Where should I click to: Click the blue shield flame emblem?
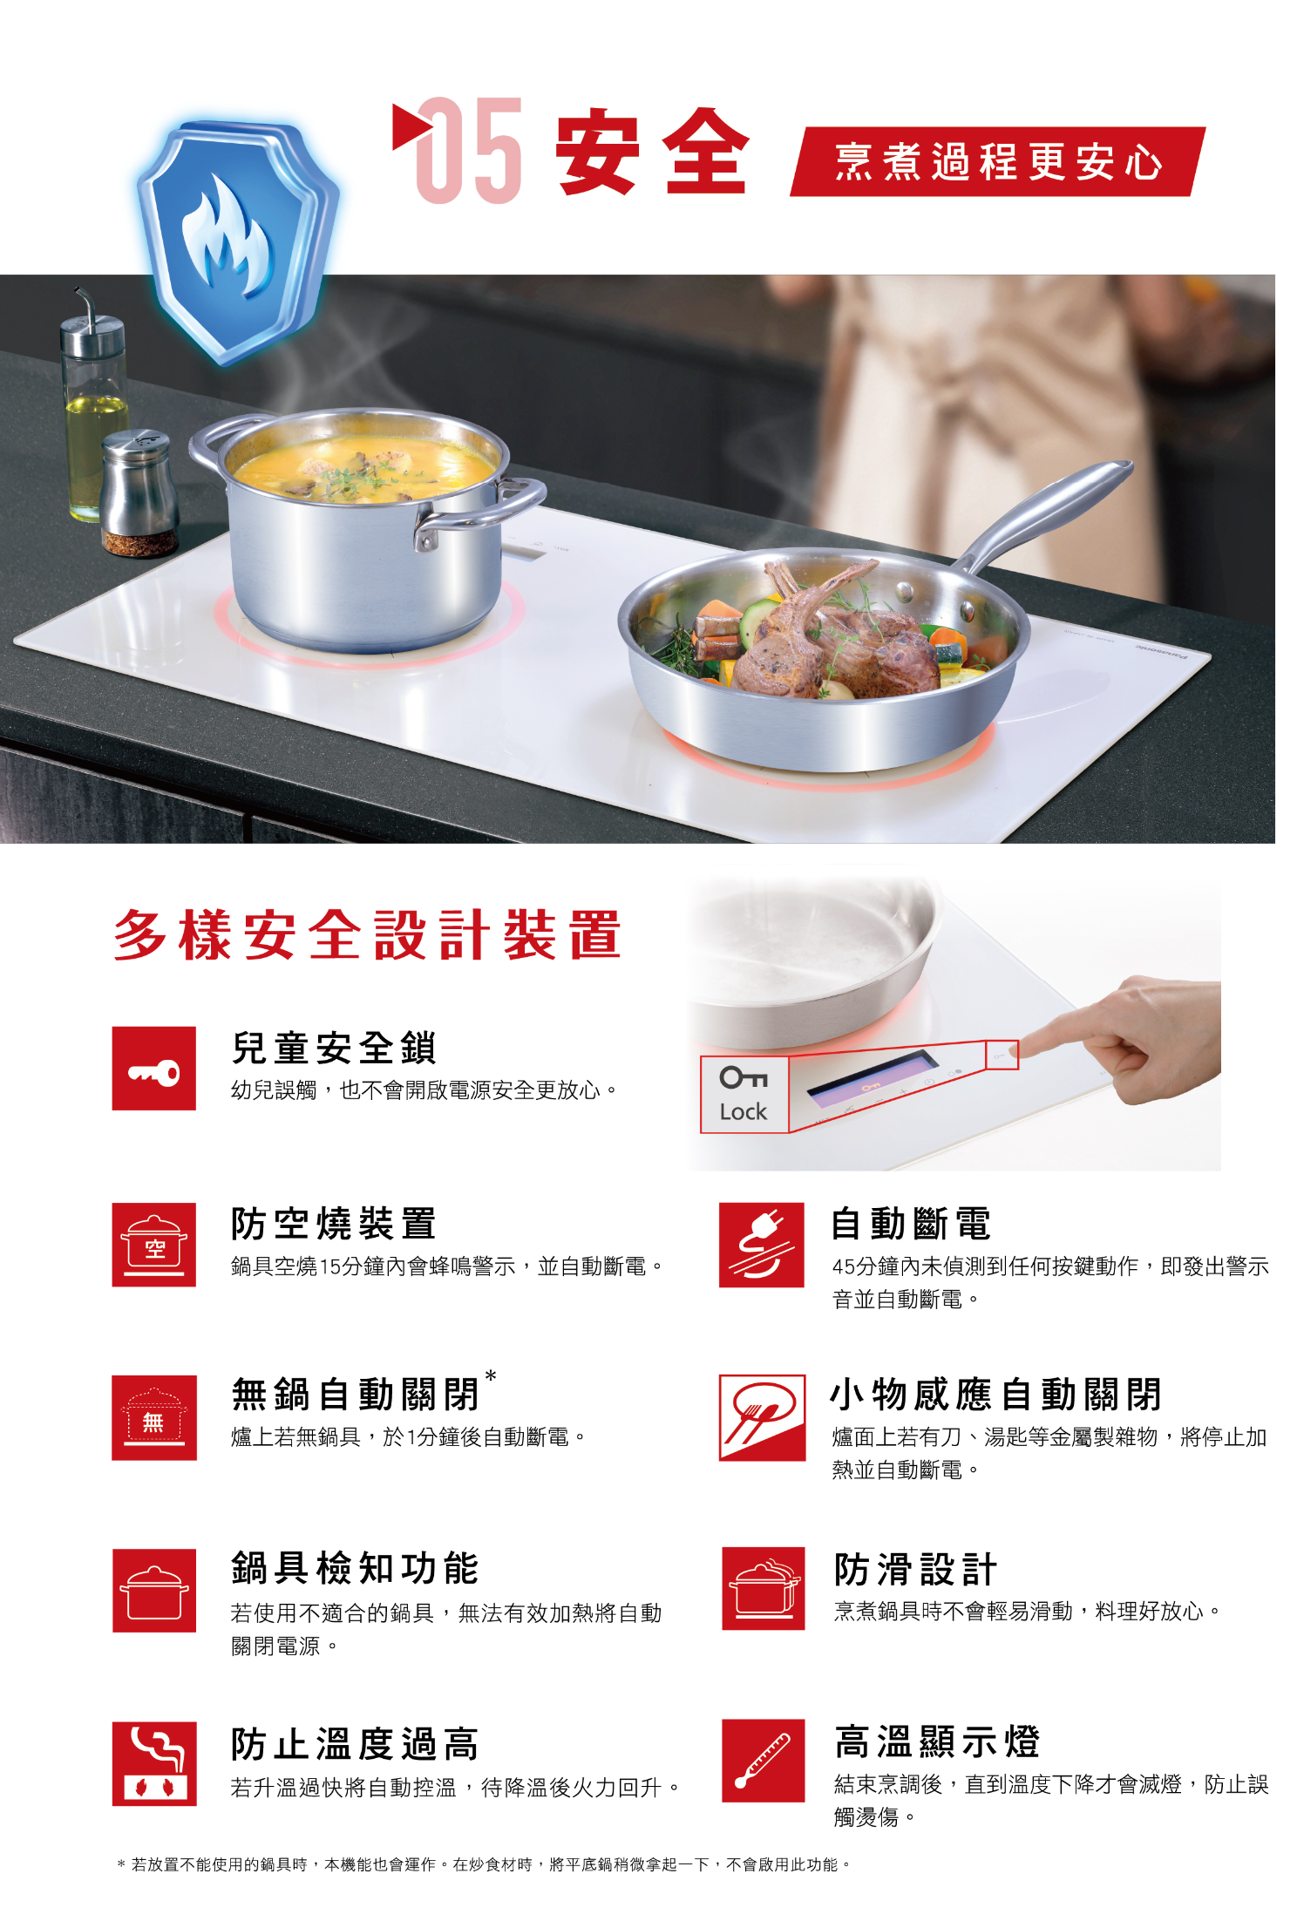pos(238,241)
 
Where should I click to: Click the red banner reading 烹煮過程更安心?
pos(998,161)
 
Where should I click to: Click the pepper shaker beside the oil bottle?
pos(139,492)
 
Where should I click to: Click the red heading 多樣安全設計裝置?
pos(367,934)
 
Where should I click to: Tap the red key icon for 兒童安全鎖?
pos(154,1069)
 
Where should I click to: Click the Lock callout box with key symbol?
pos(744,1095)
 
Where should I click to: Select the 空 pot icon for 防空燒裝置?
pos(154,1245)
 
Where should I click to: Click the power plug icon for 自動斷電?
pos(762,1245)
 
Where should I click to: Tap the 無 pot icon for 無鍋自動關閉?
pos(154,1417)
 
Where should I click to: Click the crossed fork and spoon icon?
pos(762,1417)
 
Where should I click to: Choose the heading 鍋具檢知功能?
pos(355,1568)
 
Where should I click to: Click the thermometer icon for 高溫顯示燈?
pos(764,1761)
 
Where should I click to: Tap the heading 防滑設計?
pos(915,1569)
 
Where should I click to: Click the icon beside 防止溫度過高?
pos(154,1763)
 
